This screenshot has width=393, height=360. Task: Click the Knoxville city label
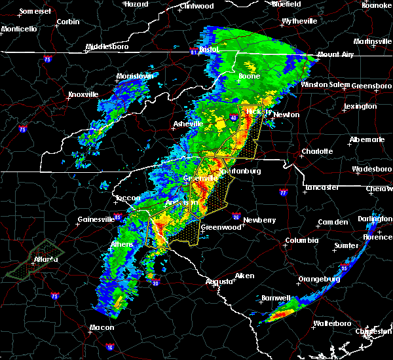(83, 94)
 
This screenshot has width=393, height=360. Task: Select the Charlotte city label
(316, 151)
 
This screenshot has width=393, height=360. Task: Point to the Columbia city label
(302, 240)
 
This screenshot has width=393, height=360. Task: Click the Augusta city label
(219, 281)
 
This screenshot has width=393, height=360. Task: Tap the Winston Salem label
(326, 85)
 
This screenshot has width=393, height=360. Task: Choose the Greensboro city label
(372, 86)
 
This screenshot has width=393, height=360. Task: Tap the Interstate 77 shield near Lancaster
(283, 193)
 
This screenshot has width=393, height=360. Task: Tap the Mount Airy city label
(335, 55)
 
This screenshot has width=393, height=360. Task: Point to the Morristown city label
(134, 77)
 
